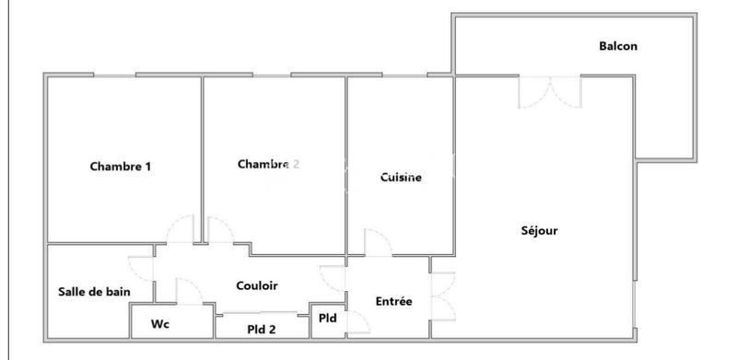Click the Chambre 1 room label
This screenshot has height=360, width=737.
pyautogui.click(x=120, y=167)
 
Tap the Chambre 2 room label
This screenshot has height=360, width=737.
pyautogui.click(x=268, y=165)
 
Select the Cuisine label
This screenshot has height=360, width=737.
pyautogui.click(x=401, y=178)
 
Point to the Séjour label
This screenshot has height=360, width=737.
pyautogui.click(x=539, y=230)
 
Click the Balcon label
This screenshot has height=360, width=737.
pyautogui.click(x=618, y=46)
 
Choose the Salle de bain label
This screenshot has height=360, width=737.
pyautogui.click(x=93, y=292)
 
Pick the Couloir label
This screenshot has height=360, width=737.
pyautogui.click(x=257, y=286)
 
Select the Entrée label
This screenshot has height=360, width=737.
pyautogui.click(x=394, y=301)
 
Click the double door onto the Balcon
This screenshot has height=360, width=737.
pyautogui.click(x=550, y=89)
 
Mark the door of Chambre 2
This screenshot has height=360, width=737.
pyautogui.click(x=221, y=229)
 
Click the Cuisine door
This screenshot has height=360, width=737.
pyautogui.click(x=378, y=242)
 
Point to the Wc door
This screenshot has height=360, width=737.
pyautogui.click(x=189, y=292)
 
